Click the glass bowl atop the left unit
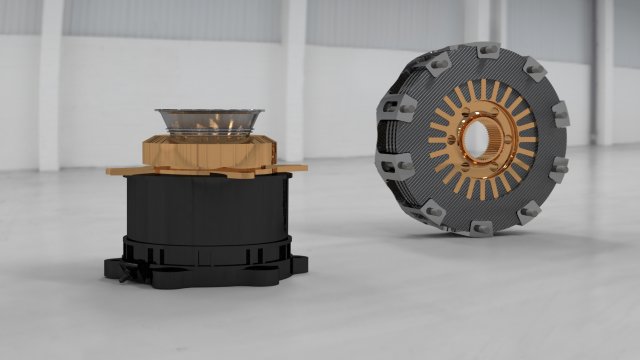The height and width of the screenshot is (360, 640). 209,122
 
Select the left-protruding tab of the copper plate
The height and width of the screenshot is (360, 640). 121,170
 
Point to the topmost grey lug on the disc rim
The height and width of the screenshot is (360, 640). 485,49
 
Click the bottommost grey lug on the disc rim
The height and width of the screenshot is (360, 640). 482,229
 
